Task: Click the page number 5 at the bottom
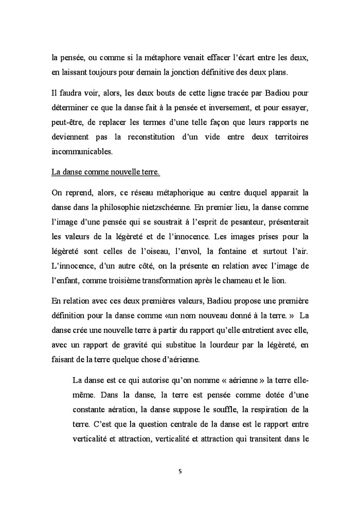pos(180,470)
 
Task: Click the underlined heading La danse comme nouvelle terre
pos(106,172)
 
